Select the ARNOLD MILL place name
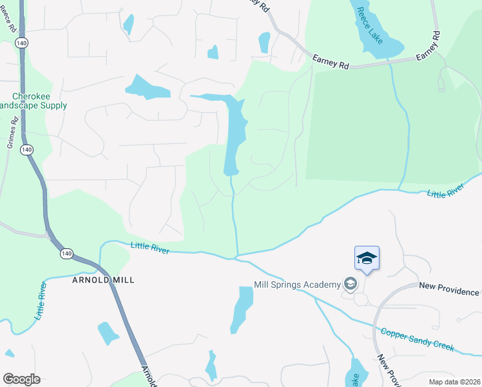(99, 281)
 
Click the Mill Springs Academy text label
(297, 284)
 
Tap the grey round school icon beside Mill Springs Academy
(351, 284)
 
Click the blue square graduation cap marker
(367, 259)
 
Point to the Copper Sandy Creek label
(418, 341)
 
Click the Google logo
(21, 379)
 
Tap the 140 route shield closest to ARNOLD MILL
(66, 253)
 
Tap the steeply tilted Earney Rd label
(428, 46)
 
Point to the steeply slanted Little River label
(42, 301)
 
